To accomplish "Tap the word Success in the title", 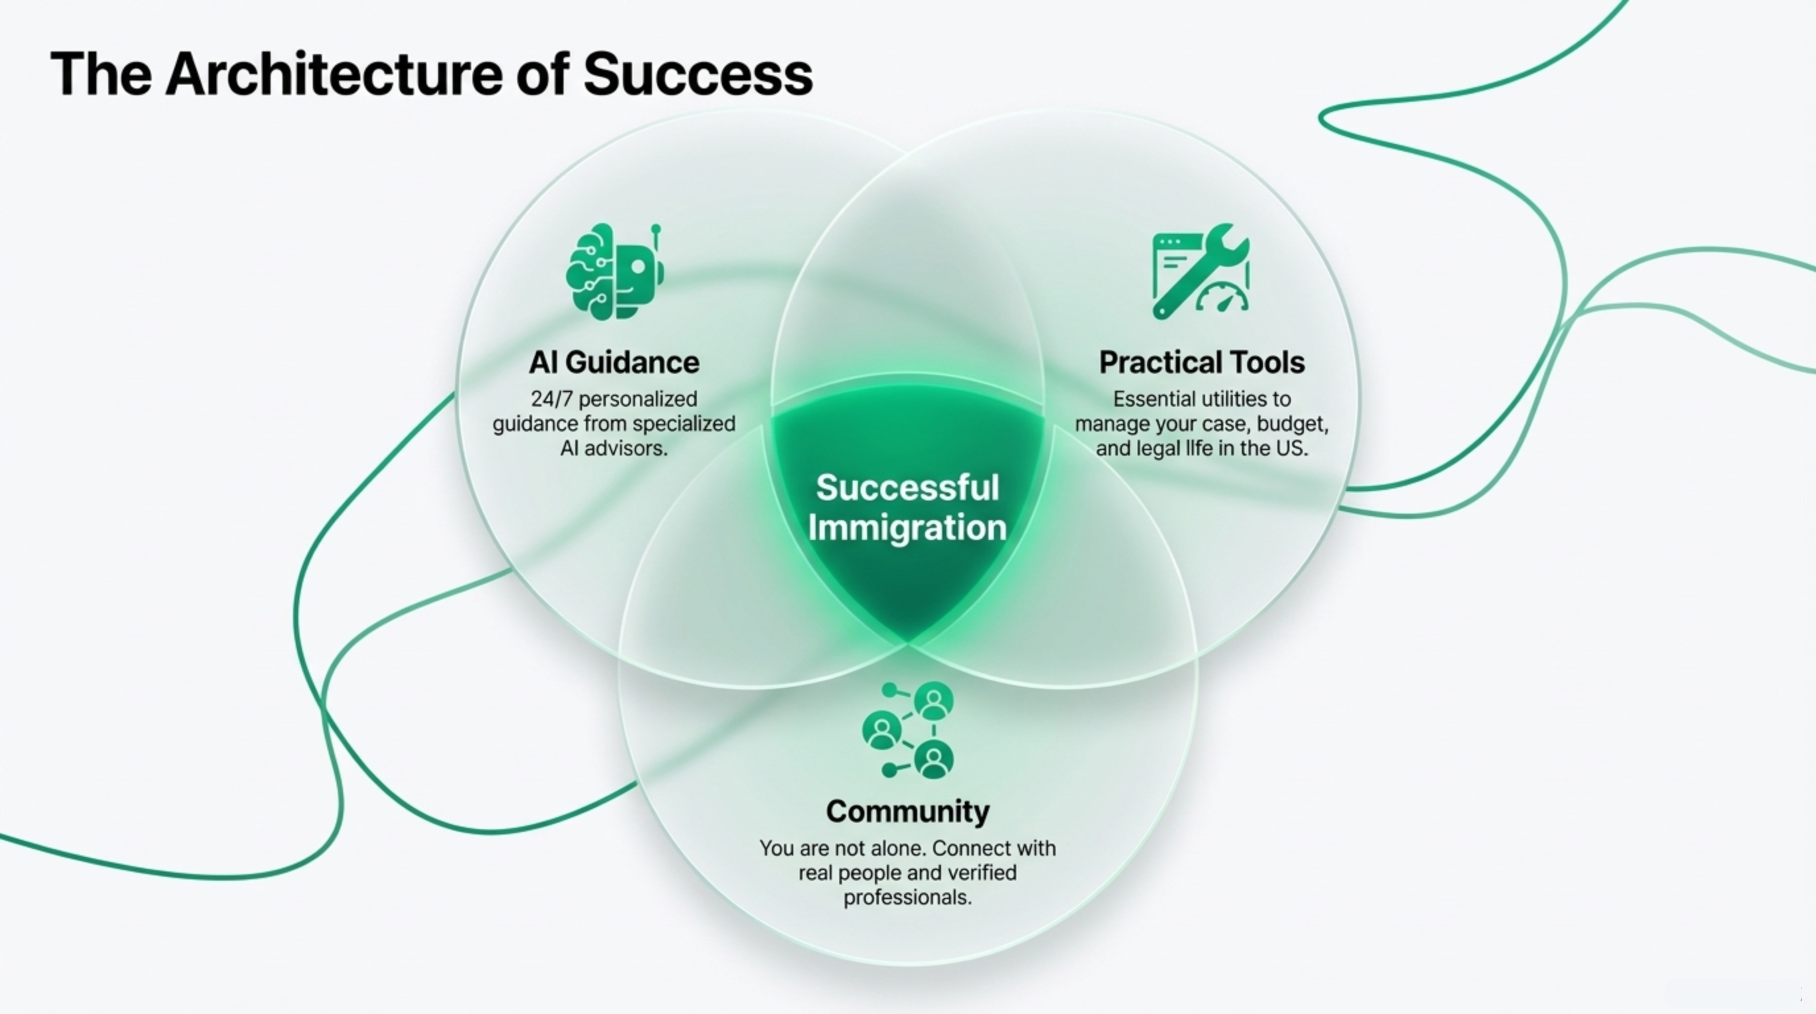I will [698, 74].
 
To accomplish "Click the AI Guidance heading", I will [614, 362].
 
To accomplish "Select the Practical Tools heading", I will [1201, 362].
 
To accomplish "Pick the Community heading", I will [907, 811].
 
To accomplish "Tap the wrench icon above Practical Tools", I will [1200, 271].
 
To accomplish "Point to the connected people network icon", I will [908, 730].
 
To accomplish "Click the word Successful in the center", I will [907, 487].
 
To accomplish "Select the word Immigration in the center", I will [907, 527].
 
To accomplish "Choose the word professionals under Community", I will [907, 898].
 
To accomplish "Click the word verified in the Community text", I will [981, 873].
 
